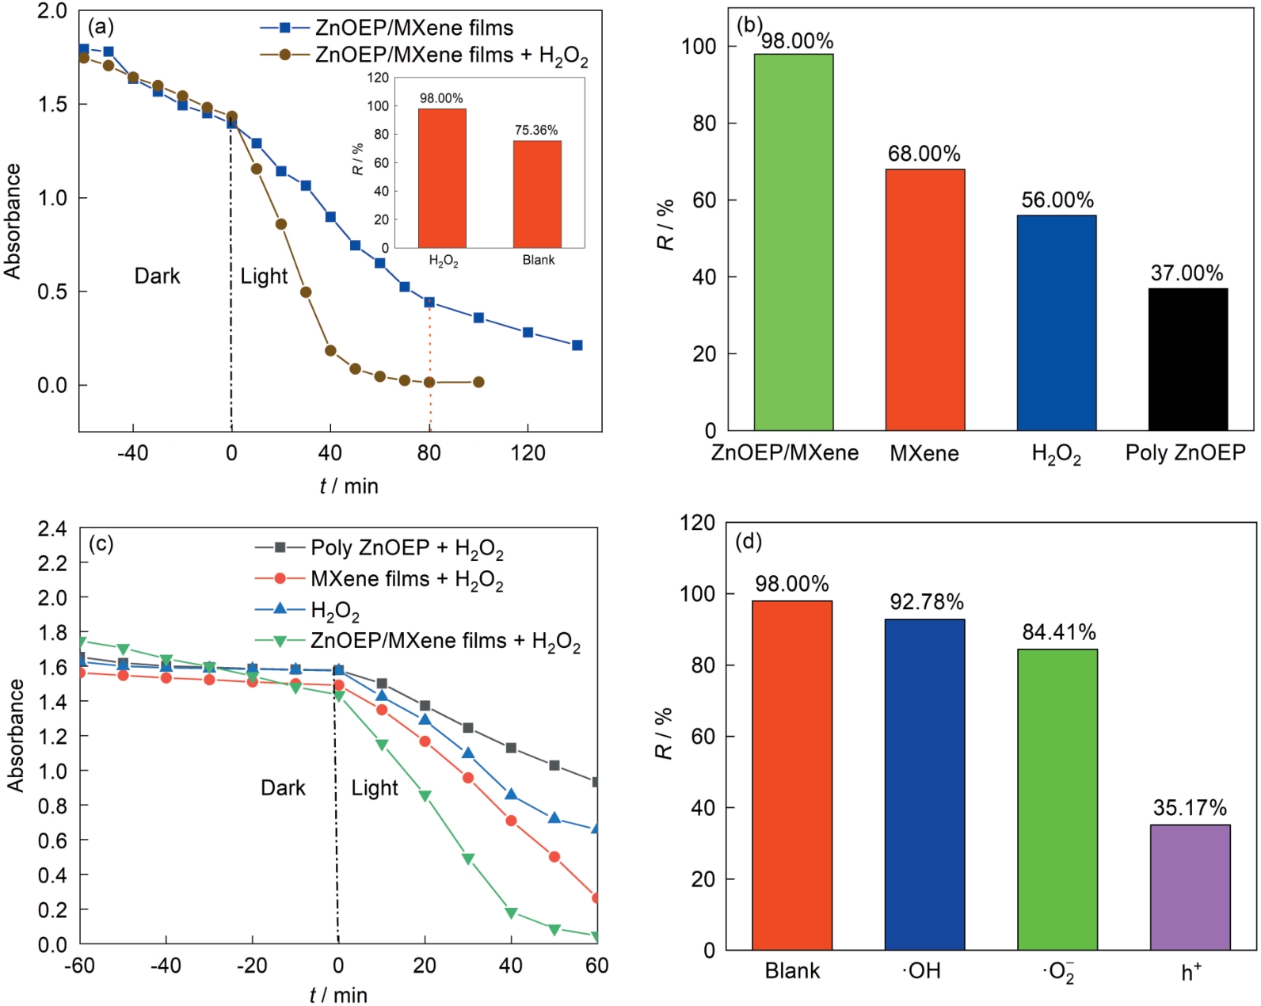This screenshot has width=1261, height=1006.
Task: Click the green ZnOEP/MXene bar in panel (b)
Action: click(793, 242)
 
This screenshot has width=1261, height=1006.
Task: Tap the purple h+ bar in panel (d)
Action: click(1190, 887)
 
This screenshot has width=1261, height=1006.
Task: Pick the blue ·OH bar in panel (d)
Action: click(924, 784)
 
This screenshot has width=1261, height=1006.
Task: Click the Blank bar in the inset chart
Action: click(537, 194)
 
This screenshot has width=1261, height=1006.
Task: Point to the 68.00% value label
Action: click(924, 154)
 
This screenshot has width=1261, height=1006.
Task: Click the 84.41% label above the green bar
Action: click(1058, 632)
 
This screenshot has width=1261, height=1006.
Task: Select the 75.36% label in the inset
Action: click(536, 130)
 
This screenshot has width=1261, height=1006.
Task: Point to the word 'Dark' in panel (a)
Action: click(157, 276)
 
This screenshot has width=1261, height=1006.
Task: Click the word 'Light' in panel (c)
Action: click(375, 787)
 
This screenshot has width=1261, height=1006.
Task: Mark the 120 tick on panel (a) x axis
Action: click(528, 453)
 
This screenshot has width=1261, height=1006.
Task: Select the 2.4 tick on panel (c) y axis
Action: click(52, 528)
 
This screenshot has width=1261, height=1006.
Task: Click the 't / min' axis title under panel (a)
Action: click(349, 486)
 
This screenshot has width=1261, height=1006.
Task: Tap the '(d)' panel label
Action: click(749, 542)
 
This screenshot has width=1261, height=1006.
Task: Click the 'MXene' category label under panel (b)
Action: click(924, 453)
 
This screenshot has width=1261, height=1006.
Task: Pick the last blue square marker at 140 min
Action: click(577, 345)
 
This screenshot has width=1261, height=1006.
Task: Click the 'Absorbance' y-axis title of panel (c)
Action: click(16, 735)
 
